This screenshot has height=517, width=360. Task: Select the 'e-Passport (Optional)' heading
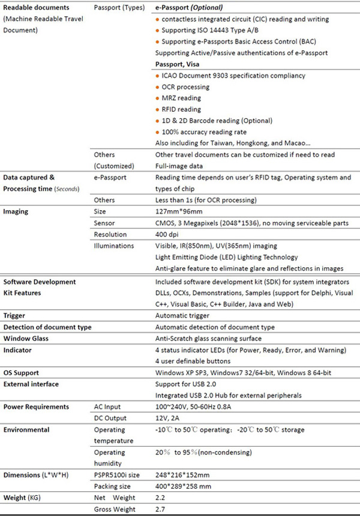[189, 8]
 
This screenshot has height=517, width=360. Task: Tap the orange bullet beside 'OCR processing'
[157, 87]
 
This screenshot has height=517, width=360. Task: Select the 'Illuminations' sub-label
[115, 246]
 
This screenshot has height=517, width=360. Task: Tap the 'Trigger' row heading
[15, 315]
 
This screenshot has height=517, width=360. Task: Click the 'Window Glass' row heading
[26, 339]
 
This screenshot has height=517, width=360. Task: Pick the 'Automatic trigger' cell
[182, 315]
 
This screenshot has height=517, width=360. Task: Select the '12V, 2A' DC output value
[168, 419]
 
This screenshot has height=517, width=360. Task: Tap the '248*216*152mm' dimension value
[184, 476]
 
